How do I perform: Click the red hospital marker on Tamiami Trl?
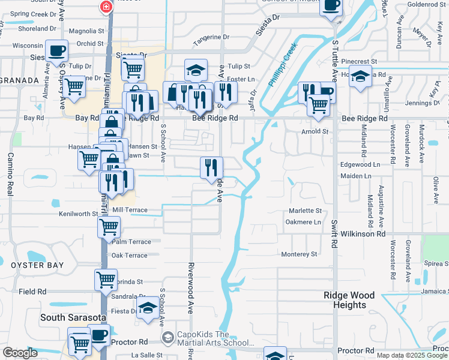click(106, 7)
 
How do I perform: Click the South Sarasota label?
click(73, 317)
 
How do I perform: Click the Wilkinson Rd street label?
click(363, 233)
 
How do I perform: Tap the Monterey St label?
click(299, 254)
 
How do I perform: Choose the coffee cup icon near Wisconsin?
click(56, 50)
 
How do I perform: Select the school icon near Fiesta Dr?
click(147, 309)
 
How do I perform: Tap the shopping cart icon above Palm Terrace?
click(109, 227)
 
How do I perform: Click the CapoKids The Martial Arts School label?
click(212, 338)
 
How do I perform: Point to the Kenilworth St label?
click(78, 214)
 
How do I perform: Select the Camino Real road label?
click(10, 173)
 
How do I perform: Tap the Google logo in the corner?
click(20, 353)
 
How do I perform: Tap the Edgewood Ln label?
click(360, 164)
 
